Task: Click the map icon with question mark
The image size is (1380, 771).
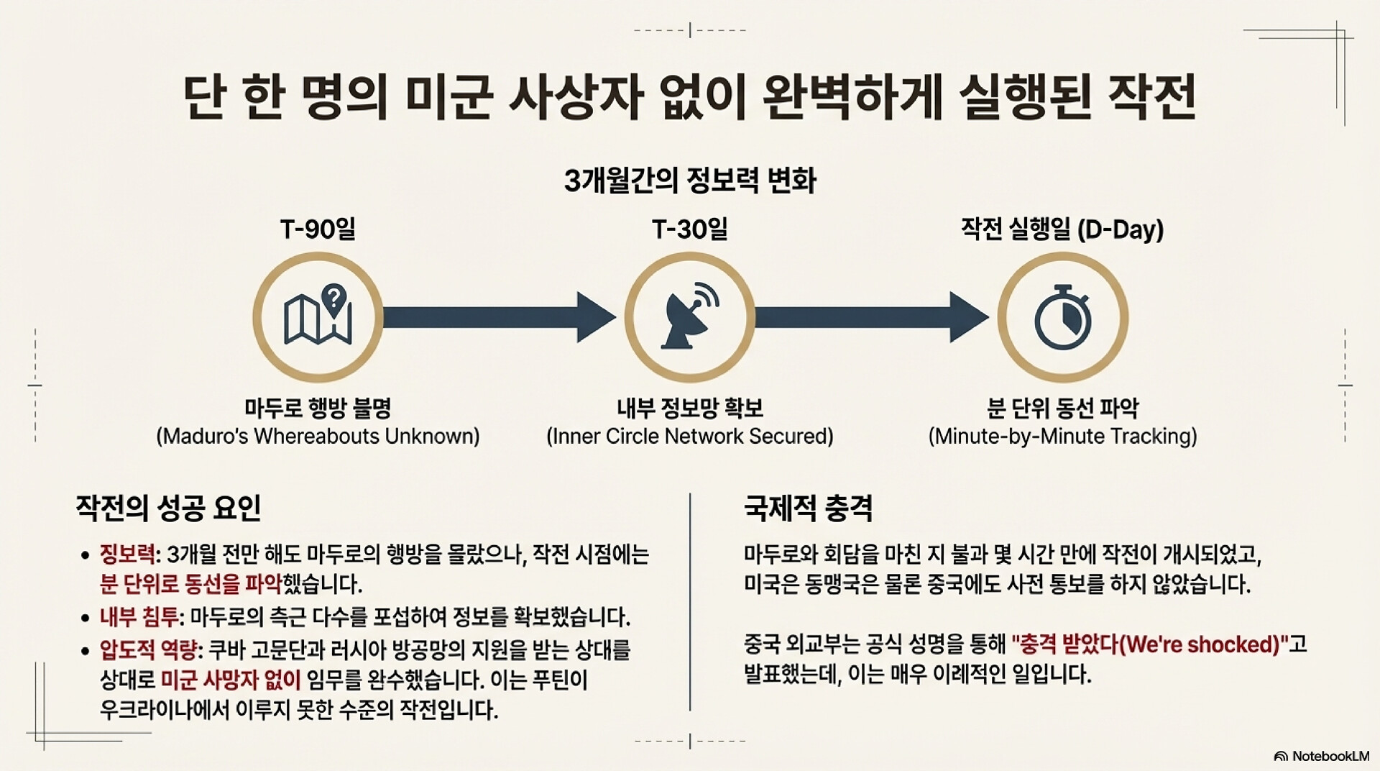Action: point(318,316)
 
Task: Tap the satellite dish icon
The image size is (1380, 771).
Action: point(690,316)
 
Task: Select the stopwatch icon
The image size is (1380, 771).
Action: point(1062,317)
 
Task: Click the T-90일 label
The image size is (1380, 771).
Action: point(318,229)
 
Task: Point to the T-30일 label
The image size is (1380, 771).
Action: point(689,229)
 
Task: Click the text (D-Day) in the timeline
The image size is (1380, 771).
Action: point(1121,229)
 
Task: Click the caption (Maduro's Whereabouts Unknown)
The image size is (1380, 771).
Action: point(318,437)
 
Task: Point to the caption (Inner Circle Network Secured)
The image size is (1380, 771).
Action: point(690,437)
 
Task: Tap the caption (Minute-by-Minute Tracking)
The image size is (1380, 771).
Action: point(1062,437)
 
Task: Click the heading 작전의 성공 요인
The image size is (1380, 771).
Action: point(168,508)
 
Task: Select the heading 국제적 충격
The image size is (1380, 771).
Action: point(808,508)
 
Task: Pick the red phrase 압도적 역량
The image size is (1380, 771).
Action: point(148,650)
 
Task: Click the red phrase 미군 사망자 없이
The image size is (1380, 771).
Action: point(230,680)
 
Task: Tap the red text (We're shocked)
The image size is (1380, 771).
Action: point(1200,644)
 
